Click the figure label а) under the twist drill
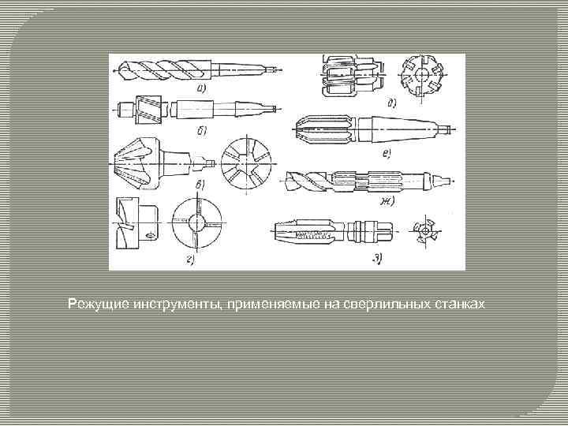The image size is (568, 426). (x=203, y=88)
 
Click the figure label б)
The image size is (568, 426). (x=203, y=129)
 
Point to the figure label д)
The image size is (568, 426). (x=391, y=103)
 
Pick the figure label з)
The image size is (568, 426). (x=378, y=258)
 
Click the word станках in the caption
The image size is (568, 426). (x=458, y=304)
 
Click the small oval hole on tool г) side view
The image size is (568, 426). (x=151, y=235)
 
